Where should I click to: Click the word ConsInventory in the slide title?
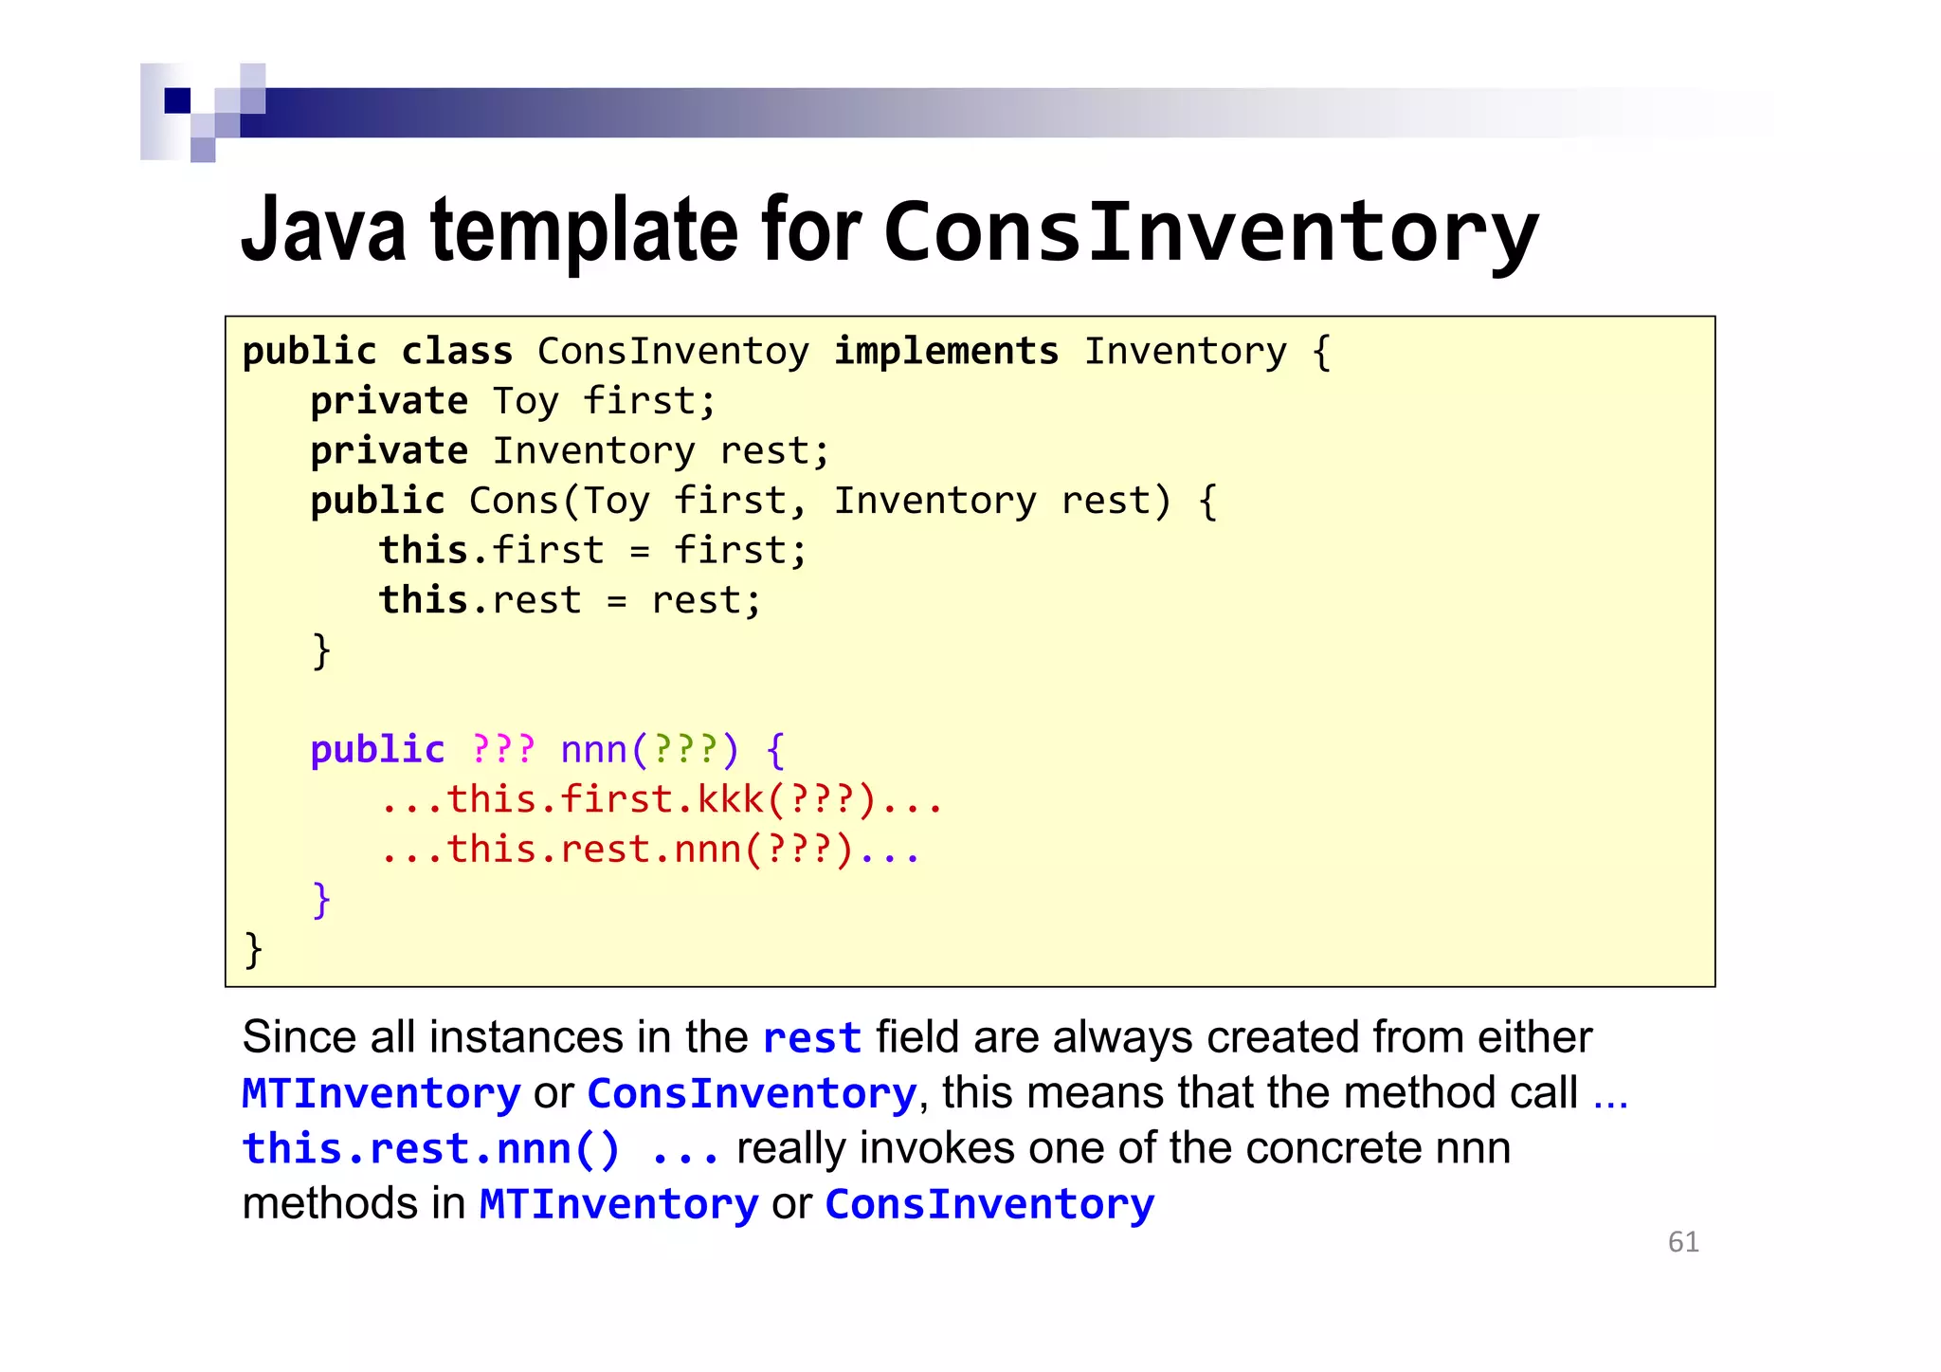pos(1211,232)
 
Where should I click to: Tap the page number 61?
pos(1683,1242)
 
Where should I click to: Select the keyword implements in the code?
pos(946,352)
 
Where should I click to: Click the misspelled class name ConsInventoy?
pos(673,352)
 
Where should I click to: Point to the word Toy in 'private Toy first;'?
pos(525,402)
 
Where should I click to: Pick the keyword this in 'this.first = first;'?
pos(423,551)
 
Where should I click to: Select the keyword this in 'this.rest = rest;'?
pos(423,600)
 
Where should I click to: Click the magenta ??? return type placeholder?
pos(503,750)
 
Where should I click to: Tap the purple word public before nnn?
pos(377,750)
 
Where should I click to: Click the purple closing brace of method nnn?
pos(321,899)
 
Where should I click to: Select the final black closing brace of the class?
pos(253,949)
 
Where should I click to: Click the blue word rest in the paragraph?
pos(811,1037)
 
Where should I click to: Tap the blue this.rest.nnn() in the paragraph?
pos(431,1149)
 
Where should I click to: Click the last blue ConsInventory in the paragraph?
pos(989,1204)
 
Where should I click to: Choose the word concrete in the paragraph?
pos(1333,1148)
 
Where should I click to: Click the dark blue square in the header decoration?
pos(177,101)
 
